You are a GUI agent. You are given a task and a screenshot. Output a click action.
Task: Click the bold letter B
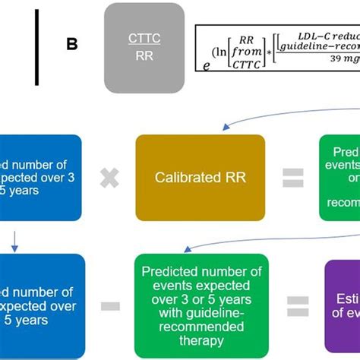72,45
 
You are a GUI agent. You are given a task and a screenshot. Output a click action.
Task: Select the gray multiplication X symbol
109,178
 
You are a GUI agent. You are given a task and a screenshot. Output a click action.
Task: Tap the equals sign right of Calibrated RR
292,178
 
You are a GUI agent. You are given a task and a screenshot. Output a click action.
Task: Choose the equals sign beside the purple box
298,306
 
